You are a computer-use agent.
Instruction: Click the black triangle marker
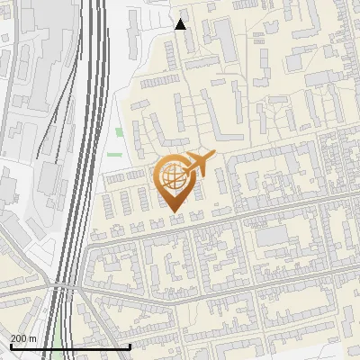[x=180, y=24]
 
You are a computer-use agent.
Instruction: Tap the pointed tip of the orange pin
[x=175, y=212]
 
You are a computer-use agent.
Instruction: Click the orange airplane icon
[x=199, y=164]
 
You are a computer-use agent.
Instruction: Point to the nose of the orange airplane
[x=212, y=156]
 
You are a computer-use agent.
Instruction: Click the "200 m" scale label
[x=23, y=338]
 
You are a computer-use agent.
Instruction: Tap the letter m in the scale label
[x=32, y=338]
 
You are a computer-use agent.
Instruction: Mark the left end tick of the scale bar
[x=11, y=346]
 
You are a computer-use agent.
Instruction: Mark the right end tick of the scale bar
[x=130, y=346]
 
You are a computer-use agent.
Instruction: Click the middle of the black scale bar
[x=70, y=346]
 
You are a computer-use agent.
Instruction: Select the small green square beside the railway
[x=120, y=133]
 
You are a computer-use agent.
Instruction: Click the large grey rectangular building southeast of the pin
[x=271, y=237]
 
